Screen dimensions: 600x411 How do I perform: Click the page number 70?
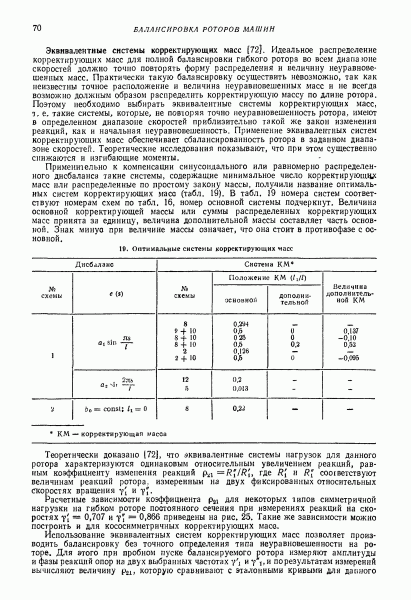(36, 27)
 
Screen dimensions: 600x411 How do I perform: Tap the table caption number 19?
(123, 248)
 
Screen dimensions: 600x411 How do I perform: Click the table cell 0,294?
(241, 324)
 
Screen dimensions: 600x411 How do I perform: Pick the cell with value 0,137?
(352, 331)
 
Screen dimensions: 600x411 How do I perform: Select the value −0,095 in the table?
(351, 358)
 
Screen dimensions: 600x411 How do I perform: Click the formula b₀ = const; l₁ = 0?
(116, 408)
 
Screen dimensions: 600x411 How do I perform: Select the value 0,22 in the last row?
(240, 408)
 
